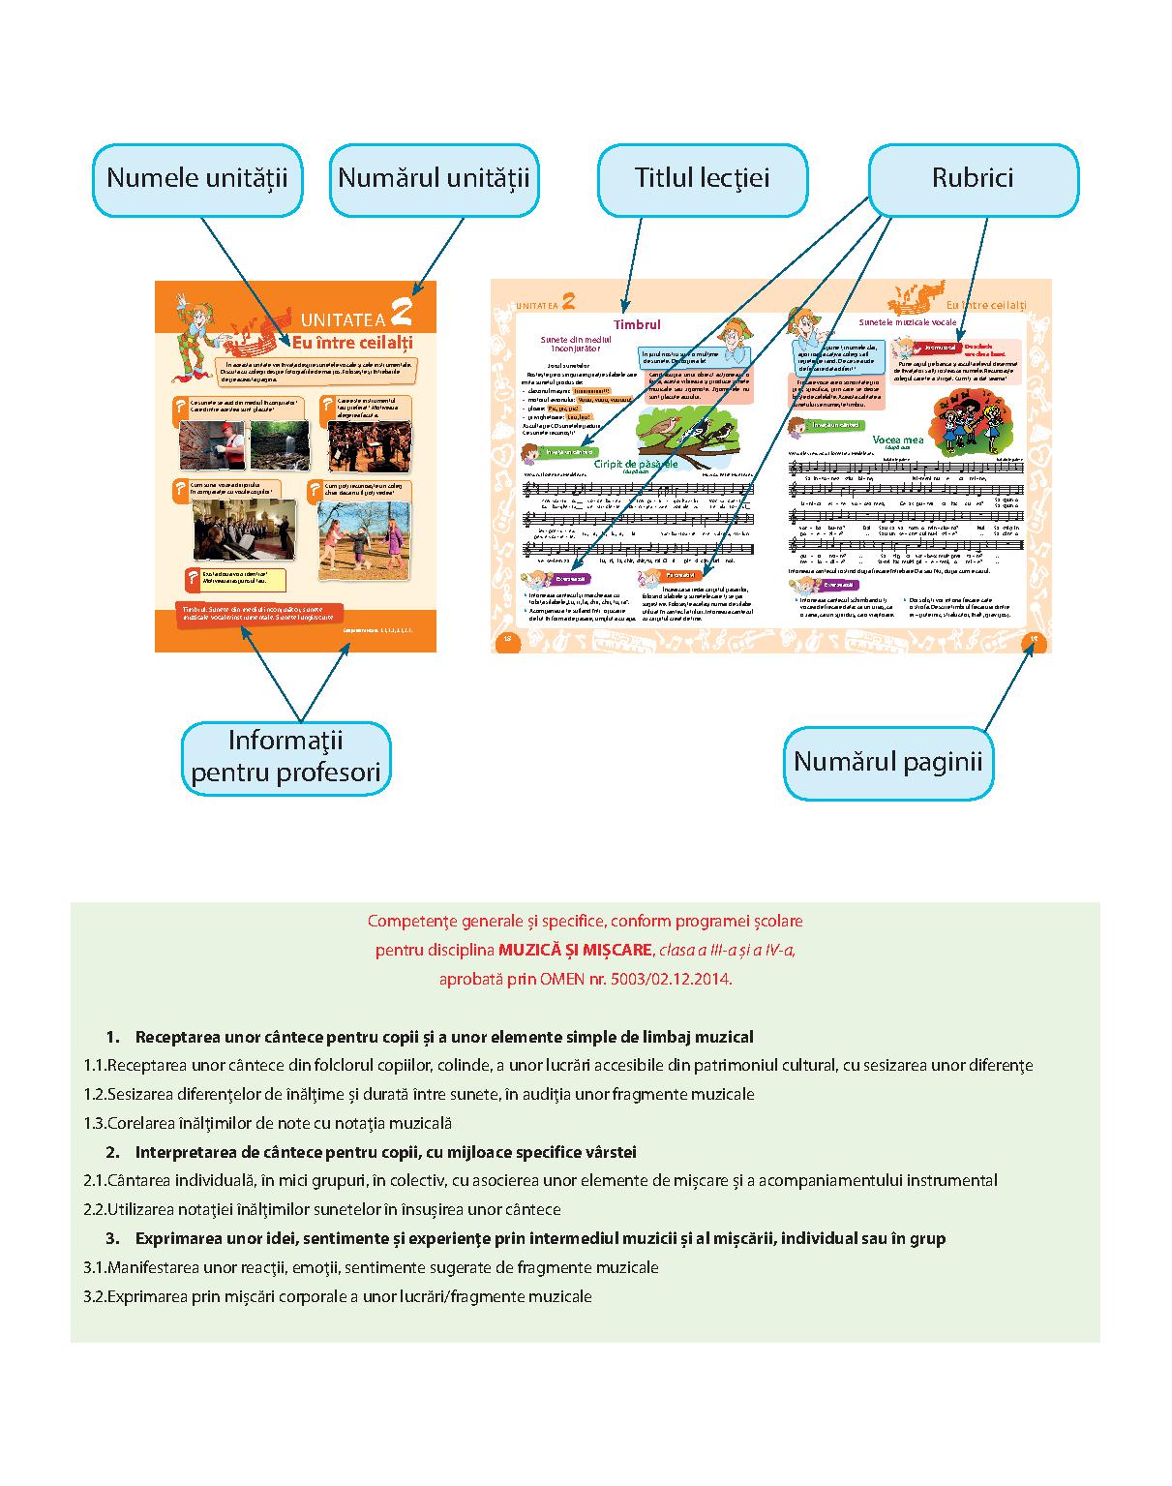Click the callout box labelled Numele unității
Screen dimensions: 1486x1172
click(197, 180)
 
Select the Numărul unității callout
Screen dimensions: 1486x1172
click(434, 180)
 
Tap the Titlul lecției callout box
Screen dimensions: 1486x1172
click(702, 180)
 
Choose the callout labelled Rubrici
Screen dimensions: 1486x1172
click(972, 180)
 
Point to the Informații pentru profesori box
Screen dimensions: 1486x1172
click(285, 758)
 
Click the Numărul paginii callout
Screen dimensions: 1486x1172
click(887, 762)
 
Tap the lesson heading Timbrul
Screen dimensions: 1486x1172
click(637, 325)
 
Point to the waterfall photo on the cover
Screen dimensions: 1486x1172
click(280, 444)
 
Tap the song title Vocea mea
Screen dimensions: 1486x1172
click(897, 440)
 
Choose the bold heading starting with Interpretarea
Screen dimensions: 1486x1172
click(385, 1152)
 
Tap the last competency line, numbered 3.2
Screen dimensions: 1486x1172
click(338, 1296)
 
